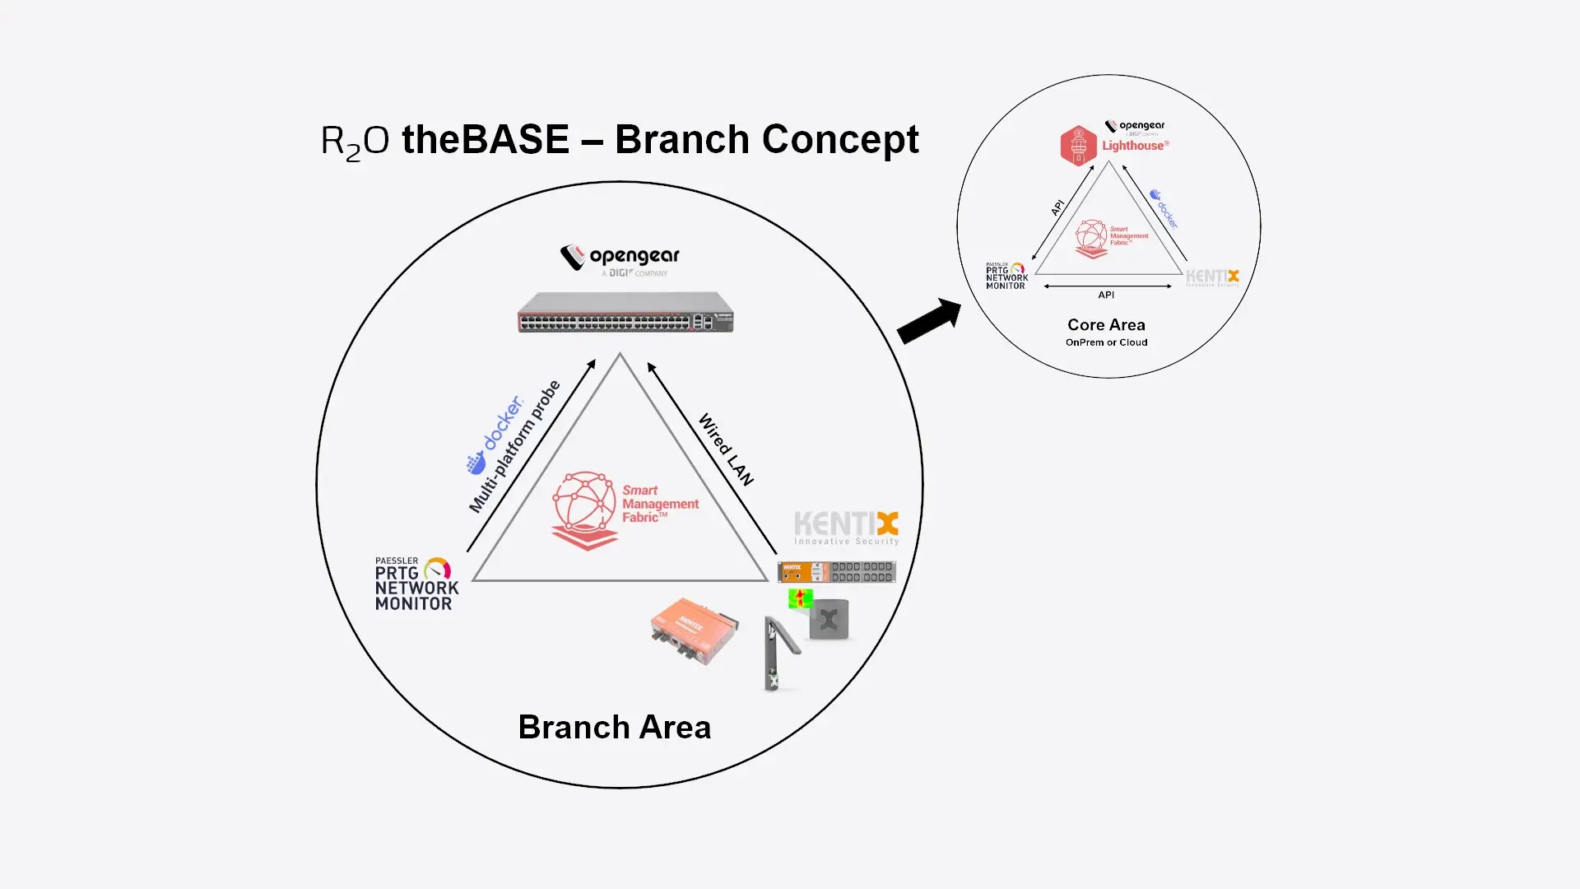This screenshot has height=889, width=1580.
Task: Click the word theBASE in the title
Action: [485, 139]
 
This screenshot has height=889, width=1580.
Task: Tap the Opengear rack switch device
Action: [625, 313]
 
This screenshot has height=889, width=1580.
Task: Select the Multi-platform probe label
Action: [514, 446]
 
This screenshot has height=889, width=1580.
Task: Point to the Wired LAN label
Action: [726, 449]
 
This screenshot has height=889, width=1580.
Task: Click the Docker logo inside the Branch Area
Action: [494, 436]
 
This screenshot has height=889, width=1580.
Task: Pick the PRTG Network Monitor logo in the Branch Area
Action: [416, 584]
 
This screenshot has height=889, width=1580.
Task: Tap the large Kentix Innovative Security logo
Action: [846, 528]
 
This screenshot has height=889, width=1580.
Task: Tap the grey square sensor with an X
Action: [829, 620]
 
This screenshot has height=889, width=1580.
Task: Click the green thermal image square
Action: [800, 598]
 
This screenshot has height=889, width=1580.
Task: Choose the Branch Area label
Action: [614, 728]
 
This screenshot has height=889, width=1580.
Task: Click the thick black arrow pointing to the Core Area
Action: [929, 321]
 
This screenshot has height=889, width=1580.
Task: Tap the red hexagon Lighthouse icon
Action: [1078, 146]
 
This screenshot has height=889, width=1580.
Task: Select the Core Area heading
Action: [1106, 325]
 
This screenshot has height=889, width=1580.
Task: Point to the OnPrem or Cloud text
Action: [1106, 342]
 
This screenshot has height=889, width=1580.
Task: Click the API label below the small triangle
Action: [1106, 295]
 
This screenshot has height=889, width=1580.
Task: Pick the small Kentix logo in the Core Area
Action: [1212, 277]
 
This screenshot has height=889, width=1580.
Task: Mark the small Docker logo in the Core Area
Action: [1164, 208]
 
